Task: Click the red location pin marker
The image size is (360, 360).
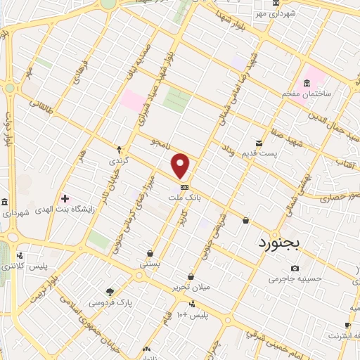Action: pos(181,165)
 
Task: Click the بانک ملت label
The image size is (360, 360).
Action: pos(184,199)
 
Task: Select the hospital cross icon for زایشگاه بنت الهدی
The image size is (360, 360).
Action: pos(66,200)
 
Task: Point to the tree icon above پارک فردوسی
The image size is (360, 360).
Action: pos(110,292)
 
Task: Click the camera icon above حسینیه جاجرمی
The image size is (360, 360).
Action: pos(294,268)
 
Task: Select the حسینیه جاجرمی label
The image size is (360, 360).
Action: pos(295,279)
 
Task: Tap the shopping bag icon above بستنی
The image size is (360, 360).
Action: pos(150,253)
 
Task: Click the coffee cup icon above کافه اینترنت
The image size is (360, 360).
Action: pos(347,325)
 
